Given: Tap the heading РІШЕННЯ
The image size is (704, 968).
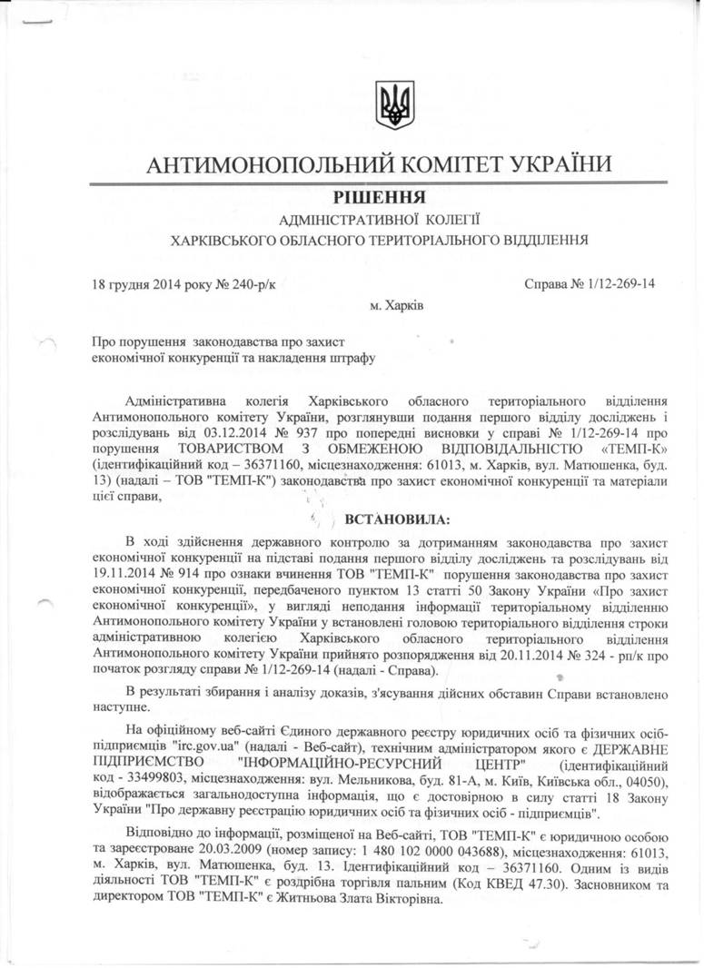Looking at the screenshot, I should tap(374, 197).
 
